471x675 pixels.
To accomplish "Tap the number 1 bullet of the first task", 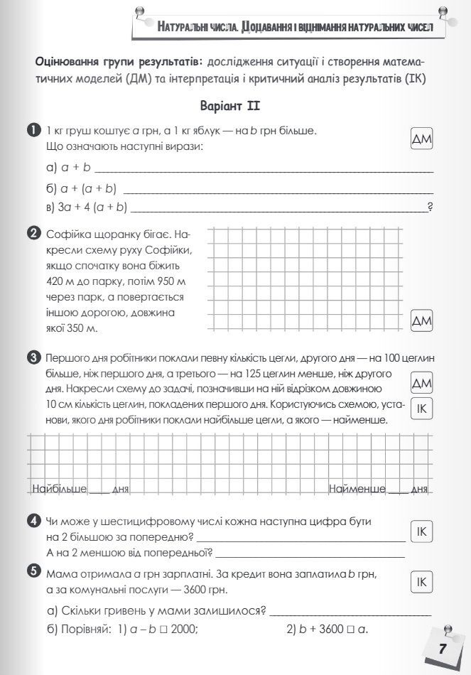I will coord(33,130).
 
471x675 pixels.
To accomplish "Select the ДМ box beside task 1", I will coord(422,139).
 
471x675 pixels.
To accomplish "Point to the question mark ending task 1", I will coord(431,207).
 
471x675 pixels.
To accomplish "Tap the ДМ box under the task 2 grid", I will coord(422,321).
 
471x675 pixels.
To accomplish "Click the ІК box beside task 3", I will coord(422,409).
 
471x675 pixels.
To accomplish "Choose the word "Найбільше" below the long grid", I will coord(60,489).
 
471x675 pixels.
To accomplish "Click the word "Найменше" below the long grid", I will coord(357,489).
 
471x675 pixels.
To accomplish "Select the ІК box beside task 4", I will coord(422,531).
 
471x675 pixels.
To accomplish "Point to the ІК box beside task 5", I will coord(422,582).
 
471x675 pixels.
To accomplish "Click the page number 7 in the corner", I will coord(442,649).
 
